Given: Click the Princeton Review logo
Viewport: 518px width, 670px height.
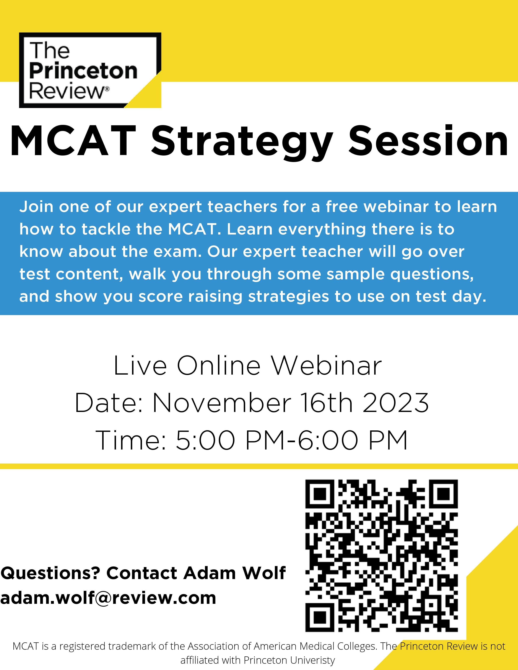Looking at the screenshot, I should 90,70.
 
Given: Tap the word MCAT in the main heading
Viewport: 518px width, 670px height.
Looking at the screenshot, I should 73,142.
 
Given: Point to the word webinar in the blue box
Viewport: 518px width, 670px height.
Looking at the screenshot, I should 396,207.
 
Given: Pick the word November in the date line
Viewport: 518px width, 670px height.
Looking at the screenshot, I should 222,403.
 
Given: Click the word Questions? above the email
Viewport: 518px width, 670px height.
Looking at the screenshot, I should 51,573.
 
